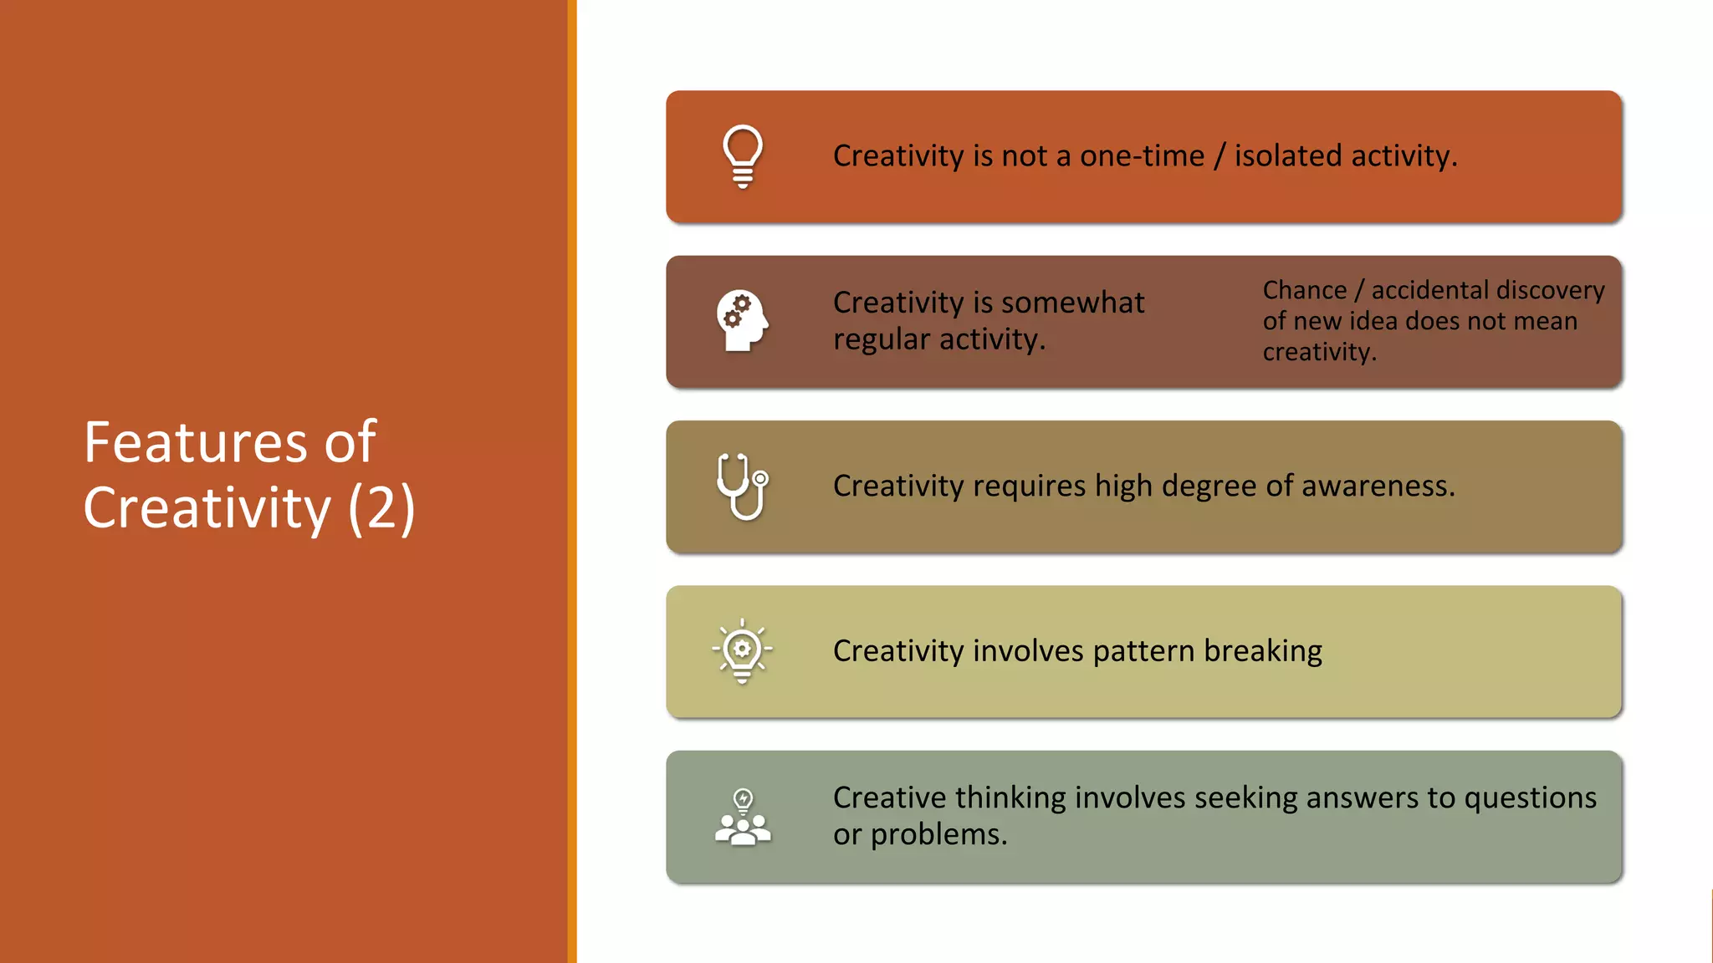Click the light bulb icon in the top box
(742, 156)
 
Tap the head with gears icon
(742, 320)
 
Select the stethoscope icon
(742, 486)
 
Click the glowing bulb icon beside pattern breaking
(742, 651)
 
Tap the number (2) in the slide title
(381, 508)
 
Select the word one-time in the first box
(1142, 156)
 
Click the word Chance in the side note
(1304, 290)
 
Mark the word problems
(938, 835)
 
